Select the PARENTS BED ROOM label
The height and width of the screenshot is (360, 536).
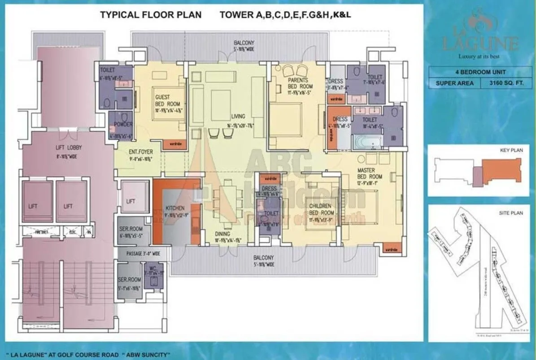(x=297, y=83)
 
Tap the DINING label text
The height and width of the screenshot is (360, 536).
(x=222, y=234)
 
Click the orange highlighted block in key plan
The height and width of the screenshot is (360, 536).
(x=500, y=172)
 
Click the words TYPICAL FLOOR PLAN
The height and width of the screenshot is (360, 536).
(x=151, y=15)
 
